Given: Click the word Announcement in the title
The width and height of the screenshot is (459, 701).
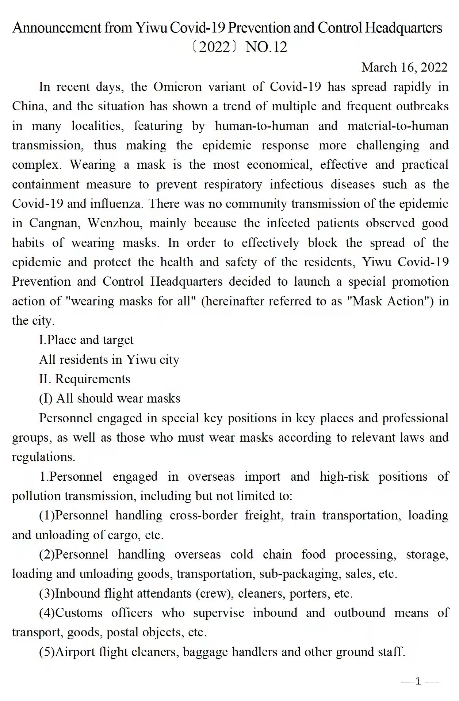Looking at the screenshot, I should coord(57,28).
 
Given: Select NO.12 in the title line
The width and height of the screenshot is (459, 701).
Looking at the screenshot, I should coord(267,47).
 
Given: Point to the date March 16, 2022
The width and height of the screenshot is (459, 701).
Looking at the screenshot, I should coord(404,67).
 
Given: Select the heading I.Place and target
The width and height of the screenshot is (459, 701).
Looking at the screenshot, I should coord(86,340).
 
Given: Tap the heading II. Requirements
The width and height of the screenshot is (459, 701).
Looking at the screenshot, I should coord(84,379).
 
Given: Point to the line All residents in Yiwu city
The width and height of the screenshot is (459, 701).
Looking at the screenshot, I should coord(109,360).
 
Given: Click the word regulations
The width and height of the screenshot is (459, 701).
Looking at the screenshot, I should coord(43,457).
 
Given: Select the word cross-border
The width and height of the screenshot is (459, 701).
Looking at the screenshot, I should coord(203,516).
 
